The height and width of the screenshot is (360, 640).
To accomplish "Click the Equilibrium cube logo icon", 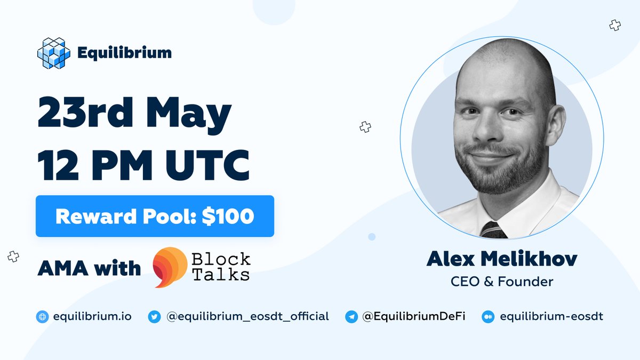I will pyautogui.click(x=53, y=53).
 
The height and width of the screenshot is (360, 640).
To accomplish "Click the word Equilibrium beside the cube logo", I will pyautogui.click(x=124, y=53).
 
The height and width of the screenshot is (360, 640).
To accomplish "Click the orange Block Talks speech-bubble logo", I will pyautogui.click(x=170, y=267).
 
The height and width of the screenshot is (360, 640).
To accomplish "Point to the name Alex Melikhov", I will pyautogui.click(x=502, y=260).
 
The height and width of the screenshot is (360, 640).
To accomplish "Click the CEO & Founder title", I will pyautogui.click(x=502, y=281).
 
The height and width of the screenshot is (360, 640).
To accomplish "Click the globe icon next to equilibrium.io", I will pyautogui.click(x=43, y=316).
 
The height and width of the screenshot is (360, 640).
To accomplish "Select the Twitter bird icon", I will pyautogui.click(x=154, y=316).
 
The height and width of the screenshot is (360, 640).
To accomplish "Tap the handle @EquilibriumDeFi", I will pyautogui.click(x=414, y=316).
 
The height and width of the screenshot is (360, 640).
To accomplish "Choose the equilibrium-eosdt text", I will pyautogui.click(x=551, y=316).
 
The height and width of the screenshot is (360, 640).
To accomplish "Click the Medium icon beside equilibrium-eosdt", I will pyautogui.click(x=488, y=316).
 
